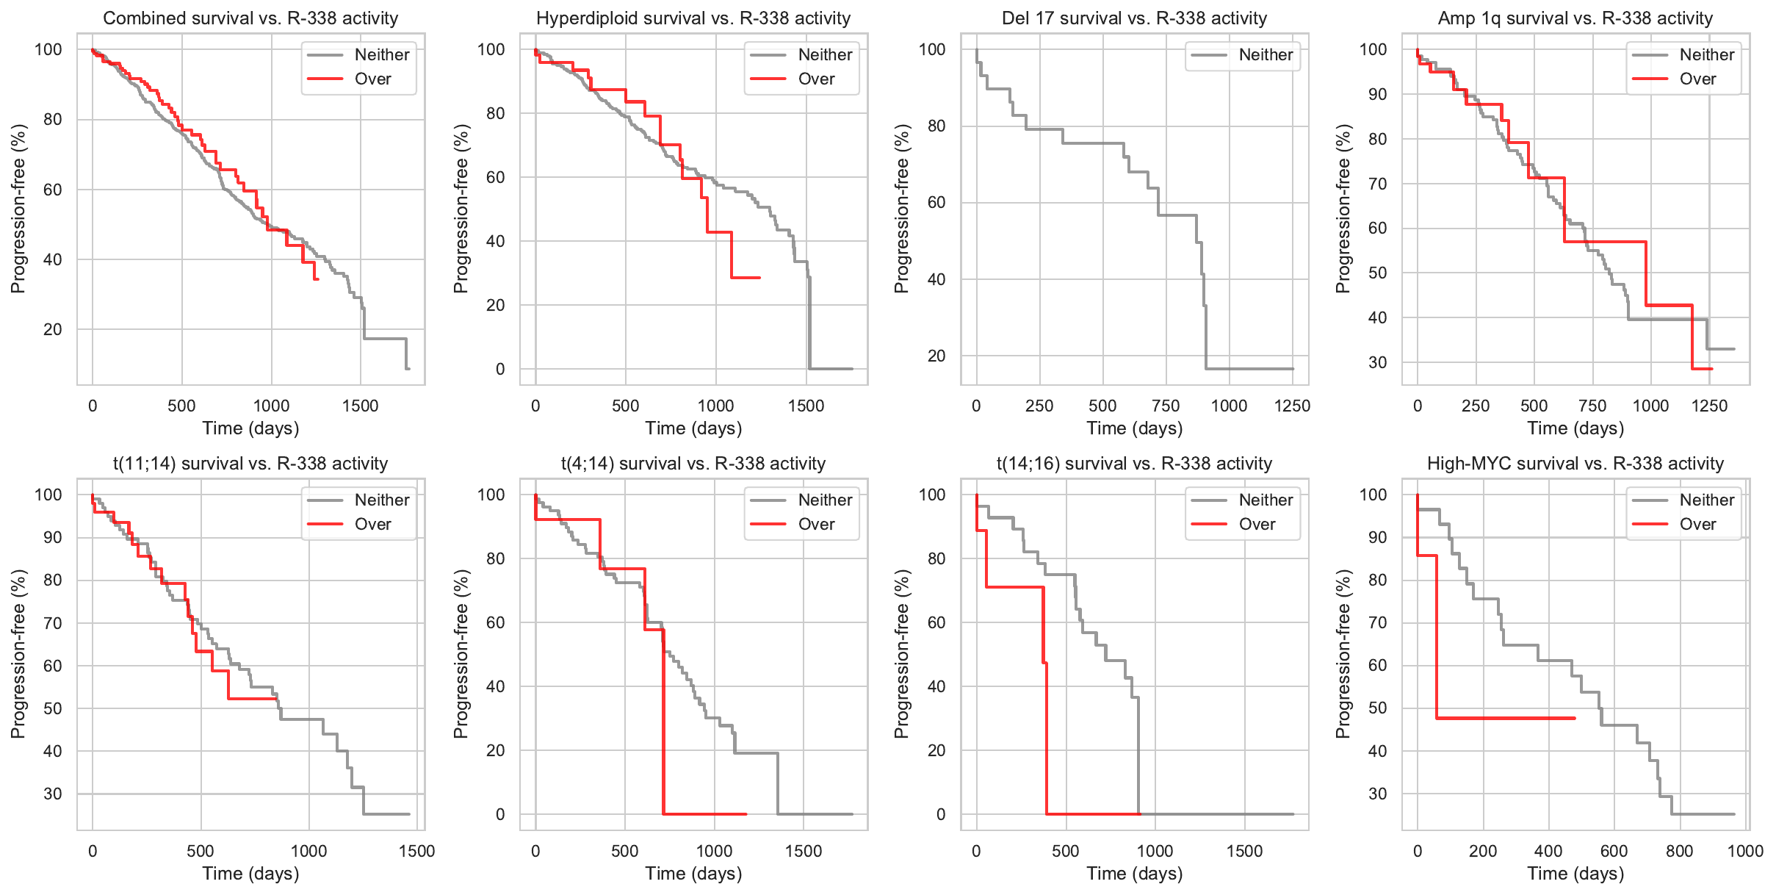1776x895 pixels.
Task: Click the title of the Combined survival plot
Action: click(250, 18)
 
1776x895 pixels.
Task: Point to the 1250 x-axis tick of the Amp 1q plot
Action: click(1709, 406)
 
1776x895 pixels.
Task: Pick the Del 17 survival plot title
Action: click(1134, 18)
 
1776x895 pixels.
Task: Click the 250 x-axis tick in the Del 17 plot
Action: click(1039, 406)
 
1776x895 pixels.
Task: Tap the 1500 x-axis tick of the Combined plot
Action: click(360, 406)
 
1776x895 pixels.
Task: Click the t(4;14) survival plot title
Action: click(693, 464)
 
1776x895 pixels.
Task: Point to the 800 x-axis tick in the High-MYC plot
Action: click(1679, 851)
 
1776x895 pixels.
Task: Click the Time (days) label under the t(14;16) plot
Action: click(1134, 874)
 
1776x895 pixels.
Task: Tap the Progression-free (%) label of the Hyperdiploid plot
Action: click(461, 209)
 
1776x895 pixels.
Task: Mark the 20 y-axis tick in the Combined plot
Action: click(53, 329)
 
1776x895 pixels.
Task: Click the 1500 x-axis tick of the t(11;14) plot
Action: click(416, 851)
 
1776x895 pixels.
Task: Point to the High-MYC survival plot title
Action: click(1575, 464)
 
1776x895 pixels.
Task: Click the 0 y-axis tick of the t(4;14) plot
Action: click(500, 814)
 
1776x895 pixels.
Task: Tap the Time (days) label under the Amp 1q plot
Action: click(1575, 428)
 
